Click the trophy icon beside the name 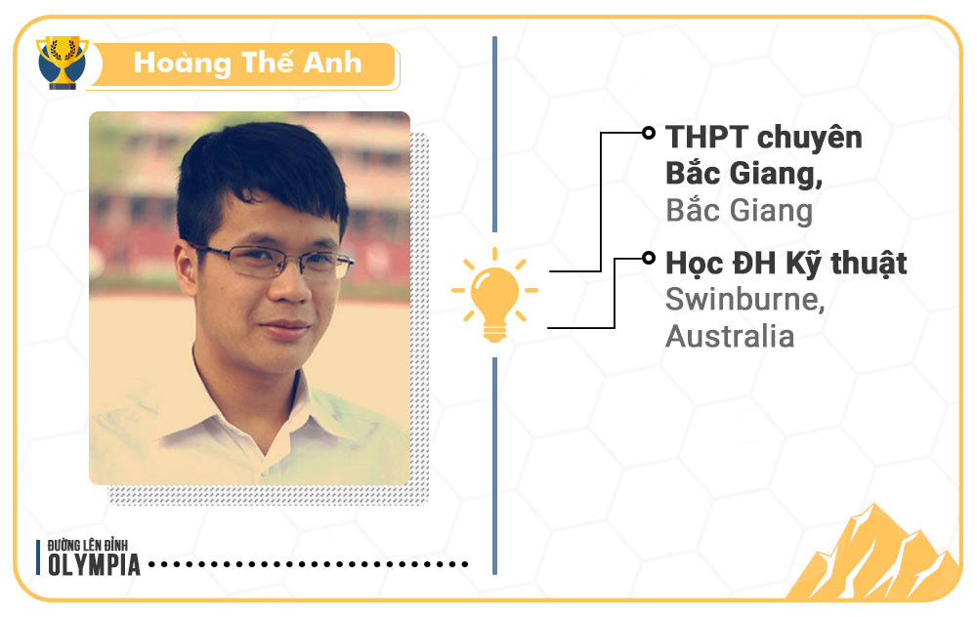tap(62, 62)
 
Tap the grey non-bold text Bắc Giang tap(738, 212)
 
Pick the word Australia tap(729, 336)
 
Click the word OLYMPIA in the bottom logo tap(94, 566)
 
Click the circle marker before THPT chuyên tap(647, 133)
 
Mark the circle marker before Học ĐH tap(647, 259)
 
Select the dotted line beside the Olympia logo tap(308, 564)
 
